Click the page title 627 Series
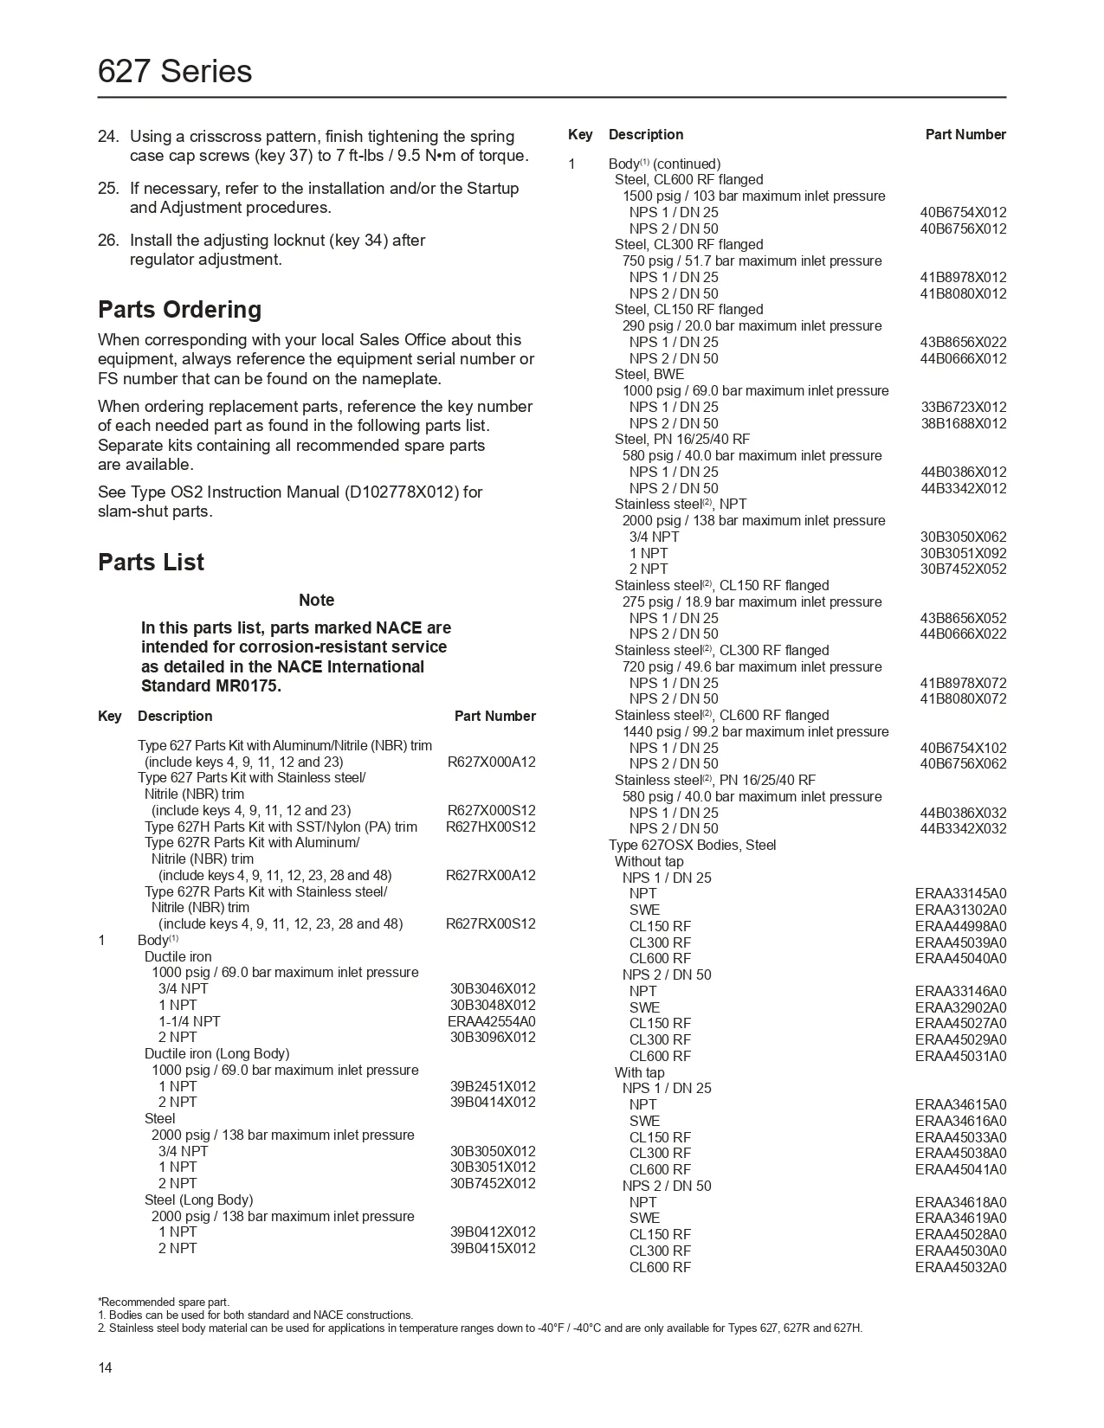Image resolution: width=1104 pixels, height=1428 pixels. coord(175,71)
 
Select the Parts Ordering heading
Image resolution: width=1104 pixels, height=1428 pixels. coord(179,310)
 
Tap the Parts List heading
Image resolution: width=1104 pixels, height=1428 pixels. coord(151,562)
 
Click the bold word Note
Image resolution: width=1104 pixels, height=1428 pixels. coord(316,600)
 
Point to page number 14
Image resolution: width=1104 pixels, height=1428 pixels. coord(105,1368)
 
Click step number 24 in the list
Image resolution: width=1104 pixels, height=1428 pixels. coord(107,137)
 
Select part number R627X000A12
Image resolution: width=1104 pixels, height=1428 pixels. coord(491,762)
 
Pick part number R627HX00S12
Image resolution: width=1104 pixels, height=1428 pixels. coord(490,827)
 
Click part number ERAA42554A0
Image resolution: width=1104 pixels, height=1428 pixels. coord(491,1021)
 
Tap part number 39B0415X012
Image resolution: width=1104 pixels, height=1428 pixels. coord(492,1248)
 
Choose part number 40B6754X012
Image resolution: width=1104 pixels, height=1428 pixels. coord(963,213)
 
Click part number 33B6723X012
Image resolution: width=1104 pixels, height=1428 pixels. coord(963,408)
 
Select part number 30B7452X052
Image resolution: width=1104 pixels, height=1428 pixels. coord(963,569)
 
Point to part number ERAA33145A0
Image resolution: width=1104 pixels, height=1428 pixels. coord(960,894)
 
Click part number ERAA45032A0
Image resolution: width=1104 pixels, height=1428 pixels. coord(960,1268)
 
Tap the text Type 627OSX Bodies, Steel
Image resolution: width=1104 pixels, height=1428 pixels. coord(692,846)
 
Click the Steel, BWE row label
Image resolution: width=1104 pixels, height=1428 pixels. coord(649,375)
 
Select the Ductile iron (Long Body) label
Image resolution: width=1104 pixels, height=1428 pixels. coord(216,1054)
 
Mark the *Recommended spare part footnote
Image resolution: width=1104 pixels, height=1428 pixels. coord(164,1302)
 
